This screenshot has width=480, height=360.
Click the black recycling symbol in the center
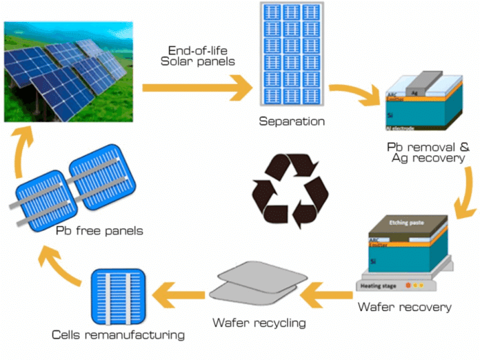(290, 191)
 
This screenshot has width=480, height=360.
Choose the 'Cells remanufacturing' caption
(119, 335)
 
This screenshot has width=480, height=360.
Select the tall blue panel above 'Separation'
(291, 56)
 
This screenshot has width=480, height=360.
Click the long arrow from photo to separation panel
(197, 88)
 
